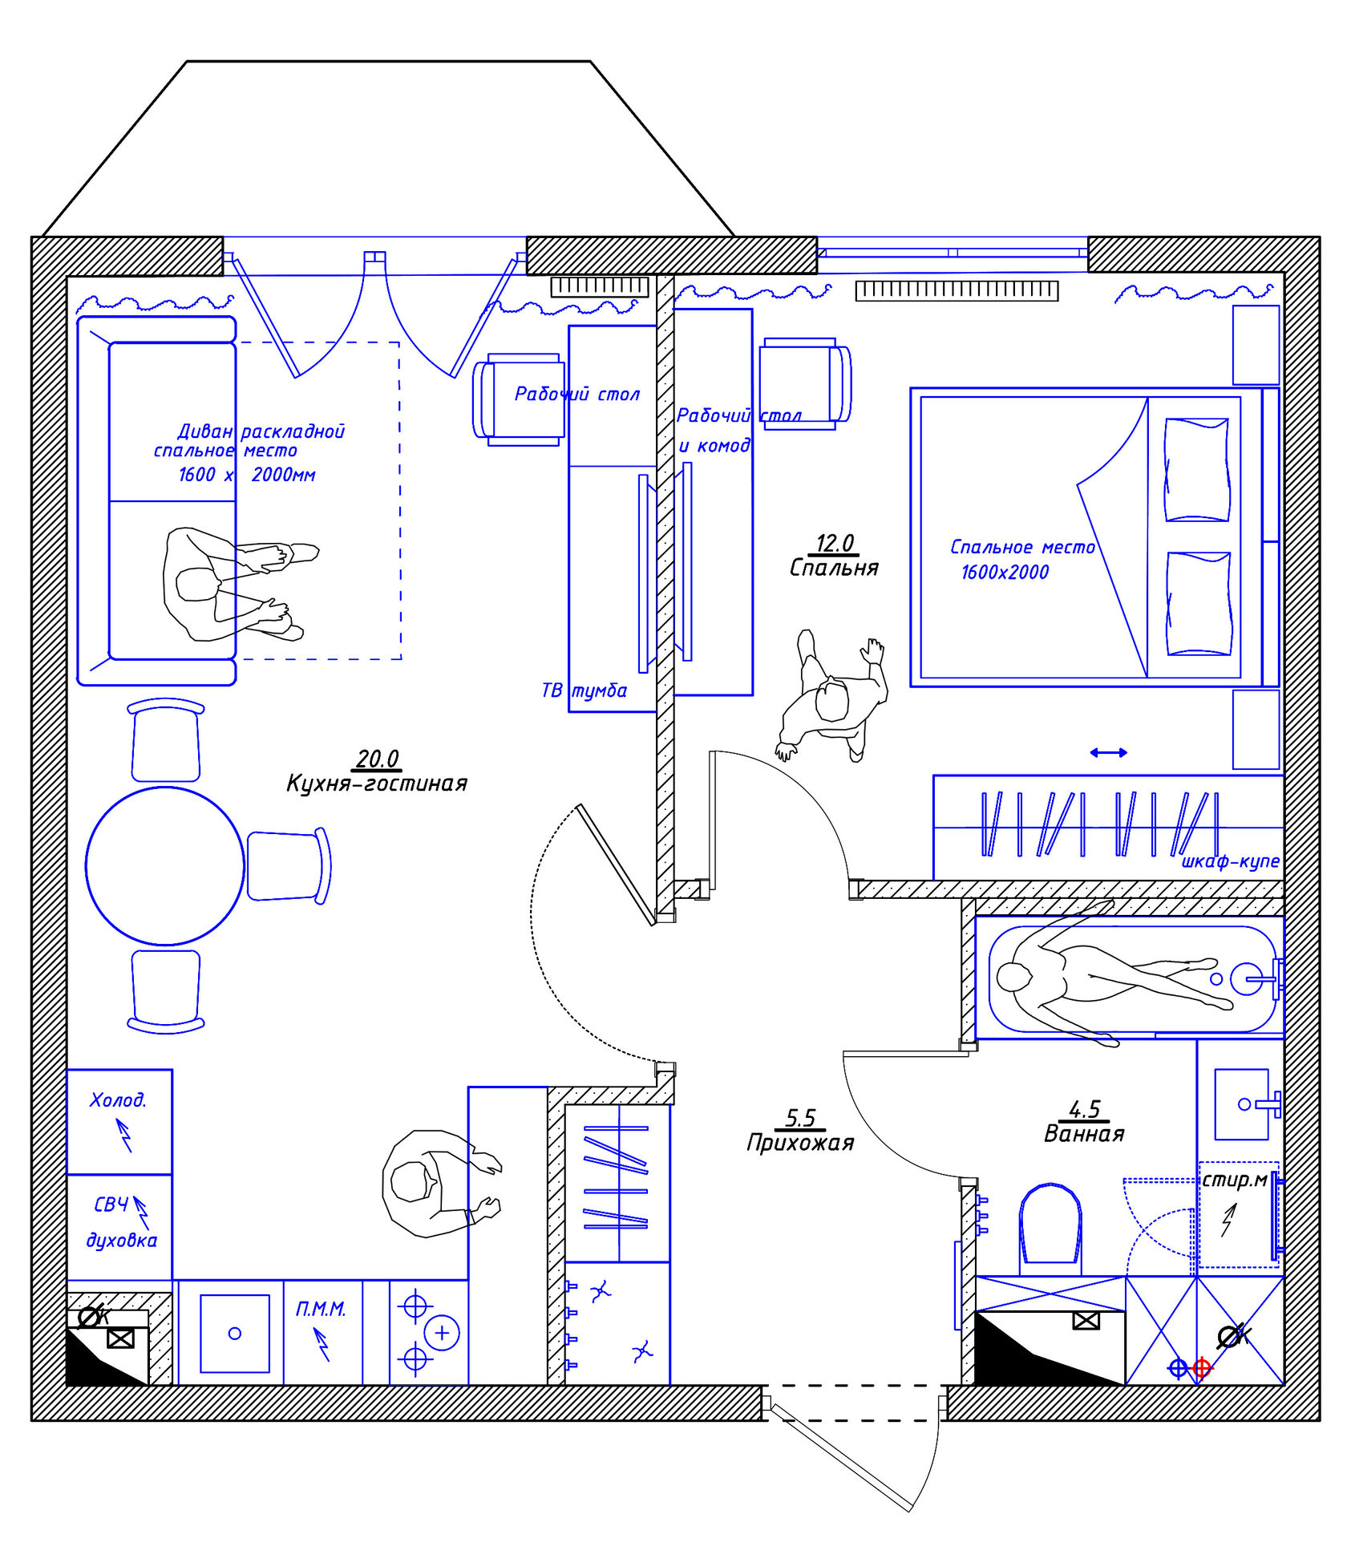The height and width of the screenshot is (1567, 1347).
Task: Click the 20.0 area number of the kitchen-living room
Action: (378, 758)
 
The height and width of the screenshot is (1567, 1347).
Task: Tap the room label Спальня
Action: (834, 568)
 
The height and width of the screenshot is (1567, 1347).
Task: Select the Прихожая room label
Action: (800, 1142)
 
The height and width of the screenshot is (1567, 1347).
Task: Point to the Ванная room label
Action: (1084, 1133)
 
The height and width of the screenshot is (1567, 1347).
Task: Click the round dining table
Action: (165, 866)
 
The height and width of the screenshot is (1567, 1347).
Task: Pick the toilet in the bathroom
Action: (1050, 1228)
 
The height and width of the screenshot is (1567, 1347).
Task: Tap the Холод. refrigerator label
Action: (118, 1099)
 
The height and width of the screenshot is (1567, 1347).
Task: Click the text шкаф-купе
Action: (1230, 862)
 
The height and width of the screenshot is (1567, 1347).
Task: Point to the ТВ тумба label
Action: (584, 690)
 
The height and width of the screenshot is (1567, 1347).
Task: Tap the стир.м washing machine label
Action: (1235, 1180)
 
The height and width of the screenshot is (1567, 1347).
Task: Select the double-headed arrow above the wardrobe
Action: (1108, 752)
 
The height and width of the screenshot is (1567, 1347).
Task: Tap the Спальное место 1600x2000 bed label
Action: (1021, 559)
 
